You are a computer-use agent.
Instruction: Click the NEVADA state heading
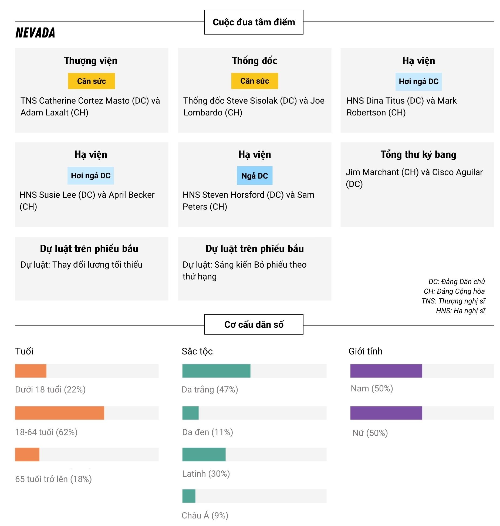click(35, 33)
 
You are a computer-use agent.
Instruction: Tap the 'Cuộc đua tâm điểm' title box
click(254, 22)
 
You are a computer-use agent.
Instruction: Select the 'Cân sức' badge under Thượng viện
click(91, 81)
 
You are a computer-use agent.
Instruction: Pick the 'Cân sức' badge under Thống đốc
click(254, 81)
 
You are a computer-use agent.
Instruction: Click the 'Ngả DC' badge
click(254, 176)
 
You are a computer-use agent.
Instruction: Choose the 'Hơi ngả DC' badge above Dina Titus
click(418, 81)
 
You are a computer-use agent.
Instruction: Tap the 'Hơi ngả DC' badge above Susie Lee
click(90, 176)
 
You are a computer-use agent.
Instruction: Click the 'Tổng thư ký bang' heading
click(418, 155)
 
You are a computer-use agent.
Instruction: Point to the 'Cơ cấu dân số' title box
click(254, 324)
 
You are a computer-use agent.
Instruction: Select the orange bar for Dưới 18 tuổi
click(31, 371)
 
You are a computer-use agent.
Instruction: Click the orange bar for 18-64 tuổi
click(59, 413)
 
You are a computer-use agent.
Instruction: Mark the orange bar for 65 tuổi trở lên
click(27, 454)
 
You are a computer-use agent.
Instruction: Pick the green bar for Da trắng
click(216, 371)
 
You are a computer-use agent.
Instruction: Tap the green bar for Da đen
click(190, 413)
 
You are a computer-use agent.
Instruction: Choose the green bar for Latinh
click(204, 454)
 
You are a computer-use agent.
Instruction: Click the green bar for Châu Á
click(189, 496)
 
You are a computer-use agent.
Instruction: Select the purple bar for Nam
click(386, 371)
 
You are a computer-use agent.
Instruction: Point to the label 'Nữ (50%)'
click(370, 433)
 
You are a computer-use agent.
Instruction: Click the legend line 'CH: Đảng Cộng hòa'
click(454, 291)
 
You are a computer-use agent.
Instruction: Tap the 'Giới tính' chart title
click(365, 351)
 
